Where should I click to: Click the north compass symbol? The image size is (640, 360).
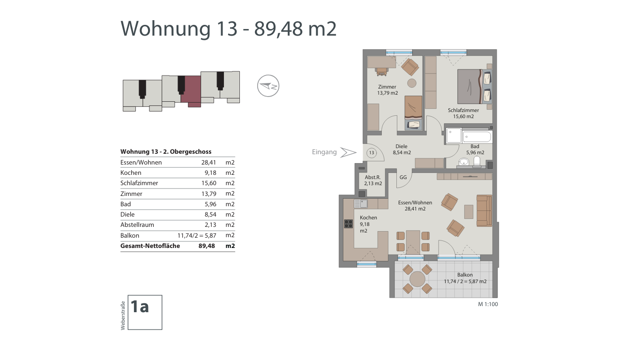point(268,86)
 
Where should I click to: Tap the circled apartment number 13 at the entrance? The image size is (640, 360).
point(372,152)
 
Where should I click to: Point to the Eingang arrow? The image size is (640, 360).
point(348,152)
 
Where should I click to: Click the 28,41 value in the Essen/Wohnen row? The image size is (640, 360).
point(208,162)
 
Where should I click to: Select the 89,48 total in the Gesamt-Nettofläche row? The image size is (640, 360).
point(207,246)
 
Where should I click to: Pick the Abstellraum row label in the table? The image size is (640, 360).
point(137,225)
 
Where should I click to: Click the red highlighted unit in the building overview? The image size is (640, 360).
point(191,91)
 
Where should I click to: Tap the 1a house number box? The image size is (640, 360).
point(145,312)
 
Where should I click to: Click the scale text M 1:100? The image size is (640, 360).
point(488,304)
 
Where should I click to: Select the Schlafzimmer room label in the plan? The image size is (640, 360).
point(463,110)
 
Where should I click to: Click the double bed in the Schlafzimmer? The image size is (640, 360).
point(475,86)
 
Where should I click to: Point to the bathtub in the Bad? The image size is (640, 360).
point(477,137)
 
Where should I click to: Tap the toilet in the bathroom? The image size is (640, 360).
point(477,161)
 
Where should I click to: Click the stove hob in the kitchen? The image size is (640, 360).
point(348,224)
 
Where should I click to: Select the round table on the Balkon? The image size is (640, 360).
point(417,279)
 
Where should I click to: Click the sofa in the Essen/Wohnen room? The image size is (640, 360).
point(484,211)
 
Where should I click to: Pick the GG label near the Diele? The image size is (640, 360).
point(403,177)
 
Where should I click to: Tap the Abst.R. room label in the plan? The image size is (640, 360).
point(372,177)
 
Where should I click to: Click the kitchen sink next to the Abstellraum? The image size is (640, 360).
point(361,203)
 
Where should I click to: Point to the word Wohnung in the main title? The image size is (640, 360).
point(165,29)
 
